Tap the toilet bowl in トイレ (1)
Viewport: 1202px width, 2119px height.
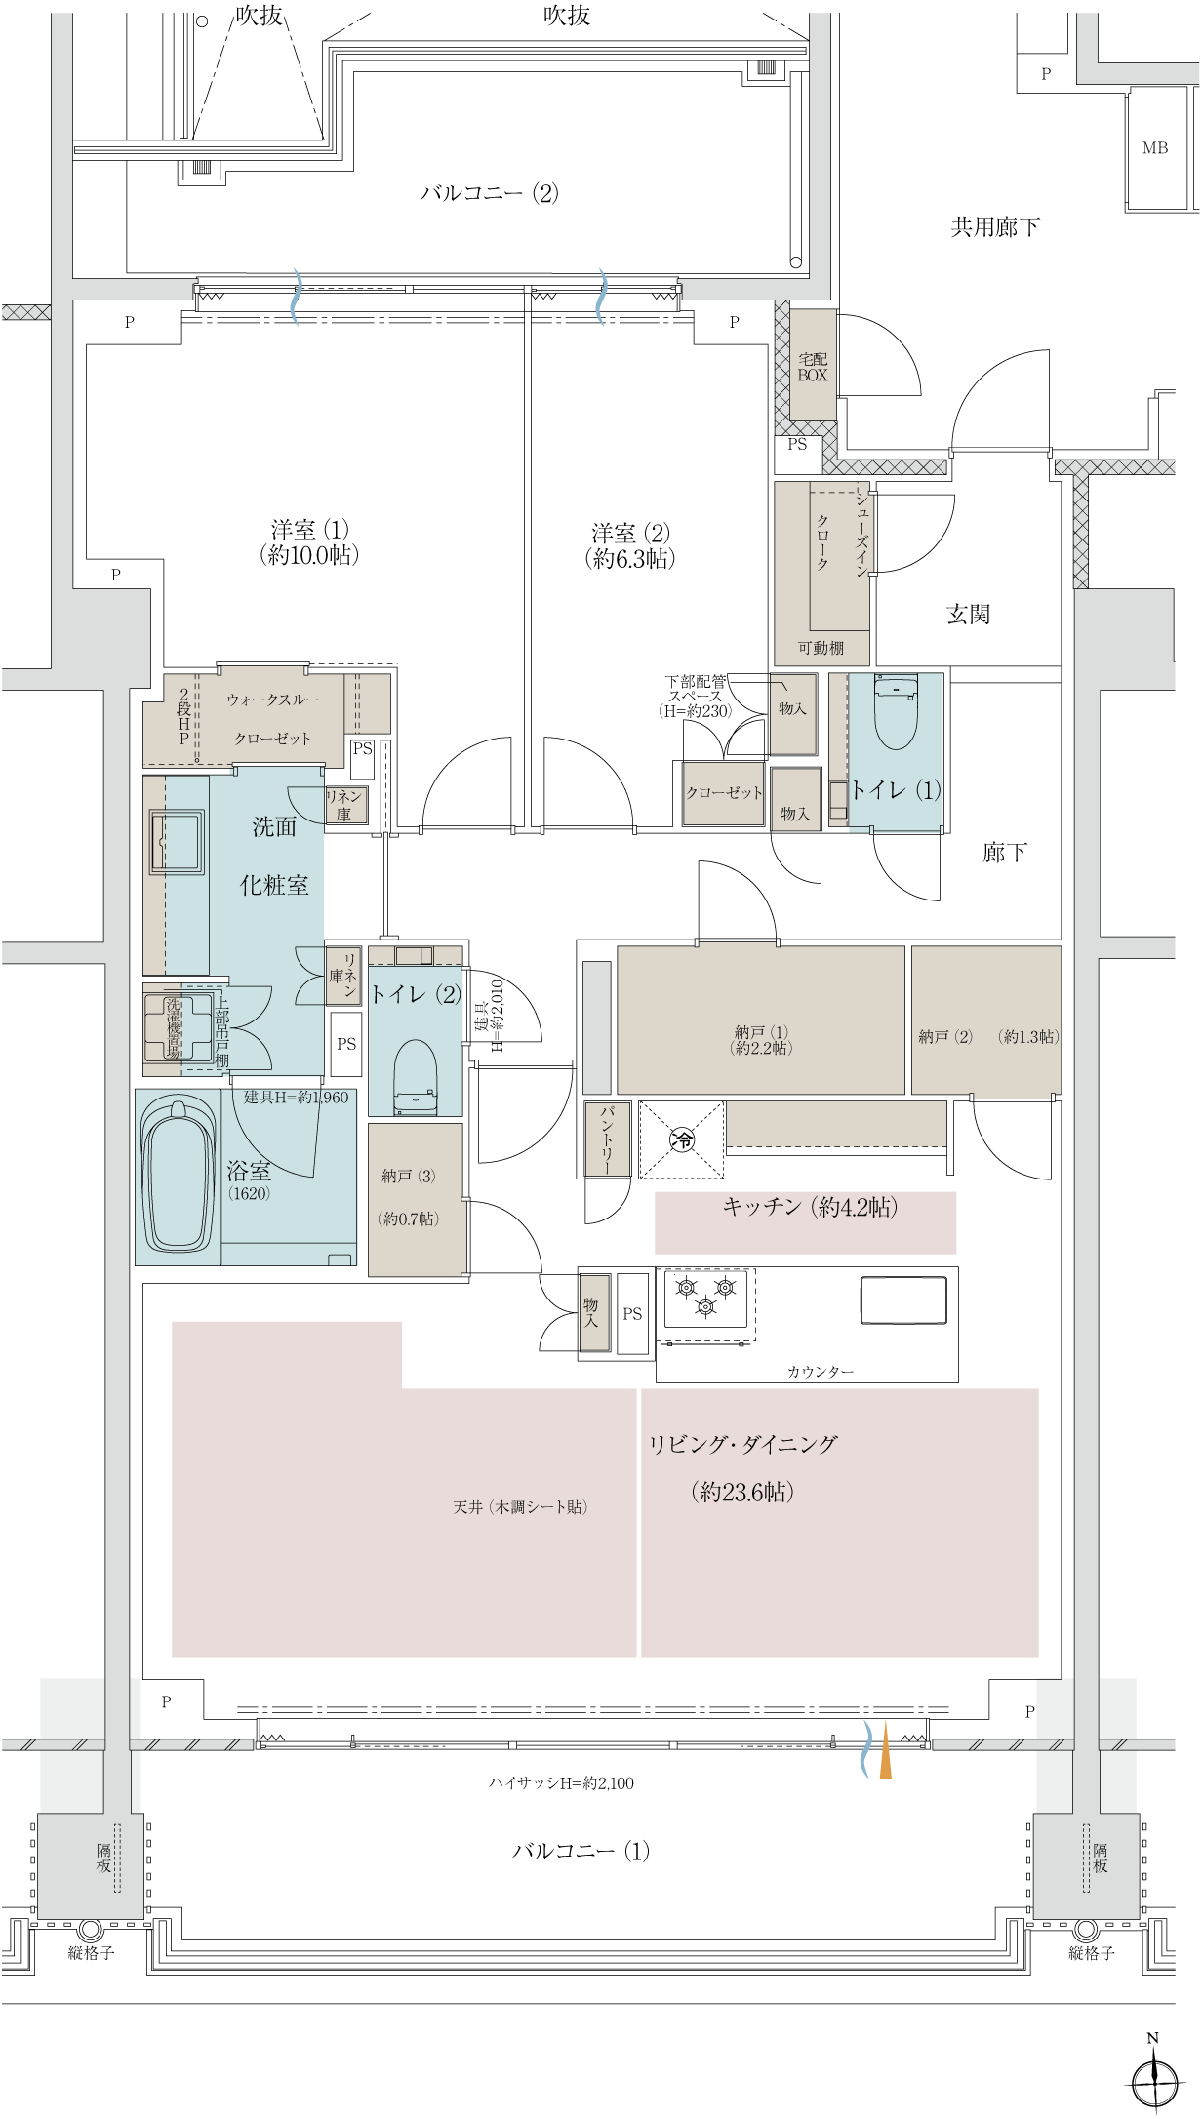(896, 712)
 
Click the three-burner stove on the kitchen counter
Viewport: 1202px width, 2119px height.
(705, 1298)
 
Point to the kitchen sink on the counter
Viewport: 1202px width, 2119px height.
(903, 1299)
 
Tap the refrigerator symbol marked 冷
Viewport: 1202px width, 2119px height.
(682, 1139)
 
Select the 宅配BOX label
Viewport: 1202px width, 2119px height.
(813, 367)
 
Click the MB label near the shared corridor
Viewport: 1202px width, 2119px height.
(1155, 148)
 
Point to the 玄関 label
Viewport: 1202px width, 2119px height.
(968, 614)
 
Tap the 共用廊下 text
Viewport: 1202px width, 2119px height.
(995, 227)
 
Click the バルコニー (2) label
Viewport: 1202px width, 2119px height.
(490, 192)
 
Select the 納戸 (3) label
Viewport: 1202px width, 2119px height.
(409, 1176)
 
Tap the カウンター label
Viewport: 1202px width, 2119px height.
(821, 1372)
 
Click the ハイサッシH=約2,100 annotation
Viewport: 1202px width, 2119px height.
(561, 1783)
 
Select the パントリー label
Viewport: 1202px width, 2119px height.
(607, 1139)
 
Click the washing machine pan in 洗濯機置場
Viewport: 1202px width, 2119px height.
(179, 1027)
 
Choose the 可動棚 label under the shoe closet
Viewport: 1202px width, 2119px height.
(821, 648)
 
